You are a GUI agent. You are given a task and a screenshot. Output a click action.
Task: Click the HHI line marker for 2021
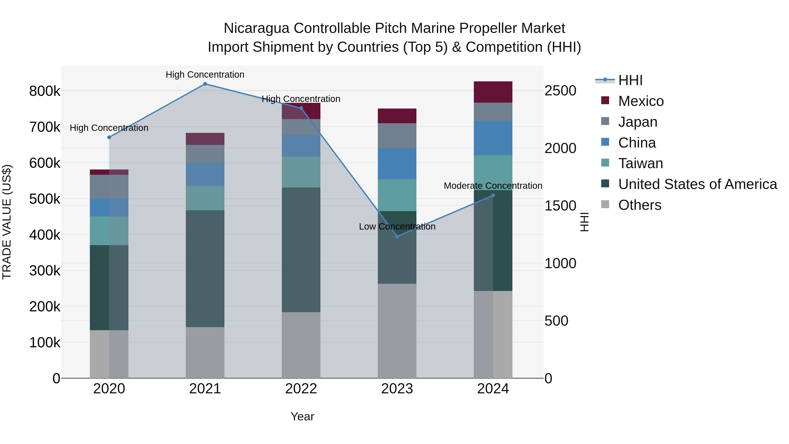coord(205,84)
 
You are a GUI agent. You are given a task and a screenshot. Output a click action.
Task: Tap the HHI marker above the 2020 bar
coord(109,137)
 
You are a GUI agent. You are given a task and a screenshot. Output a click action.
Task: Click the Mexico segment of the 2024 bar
coord(493,92)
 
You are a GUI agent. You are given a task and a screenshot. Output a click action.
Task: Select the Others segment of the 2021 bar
coord(205,352)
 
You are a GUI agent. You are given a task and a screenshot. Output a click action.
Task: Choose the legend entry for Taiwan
coord(640,163)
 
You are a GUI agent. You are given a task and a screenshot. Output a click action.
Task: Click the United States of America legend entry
coord(697,184)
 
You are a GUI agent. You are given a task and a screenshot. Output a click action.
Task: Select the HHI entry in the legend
coord(630,80)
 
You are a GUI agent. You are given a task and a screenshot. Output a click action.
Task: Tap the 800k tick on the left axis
coord(45,91)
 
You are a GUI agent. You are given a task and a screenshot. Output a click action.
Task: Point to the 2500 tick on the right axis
coord(560,91)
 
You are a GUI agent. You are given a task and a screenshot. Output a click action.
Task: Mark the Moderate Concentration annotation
coord(493,186)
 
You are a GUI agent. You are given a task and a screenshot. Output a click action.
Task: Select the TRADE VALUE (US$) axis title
coord(7,222)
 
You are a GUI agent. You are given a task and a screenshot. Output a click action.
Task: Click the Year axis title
coord(302,416)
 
